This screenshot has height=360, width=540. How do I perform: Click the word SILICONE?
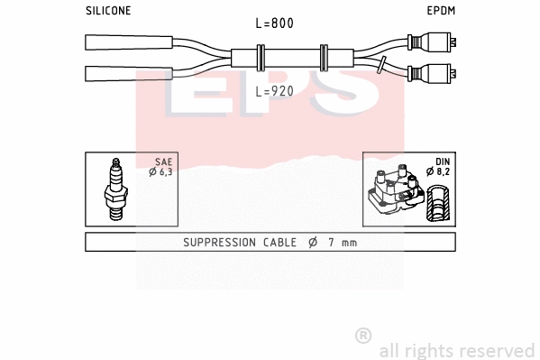click(x=108, y=11)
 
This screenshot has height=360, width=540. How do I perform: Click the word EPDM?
click(x=440, y=11)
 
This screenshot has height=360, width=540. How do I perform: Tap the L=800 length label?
click(x=275, y=23)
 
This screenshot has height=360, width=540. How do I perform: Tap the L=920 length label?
click(x=275, y=91)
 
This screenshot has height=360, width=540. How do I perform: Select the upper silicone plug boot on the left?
click(x=126, y=42)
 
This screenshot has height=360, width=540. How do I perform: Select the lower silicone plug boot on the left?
click(x=126, y=73)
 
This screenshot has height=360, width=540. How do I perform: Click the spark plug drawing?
click(x=115, y=189)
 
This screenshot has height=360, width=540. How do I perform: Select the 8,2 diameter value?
click(x=442, y=171)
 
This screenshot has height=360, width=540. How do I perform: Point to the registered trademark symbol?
click(x=363, y=336)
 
